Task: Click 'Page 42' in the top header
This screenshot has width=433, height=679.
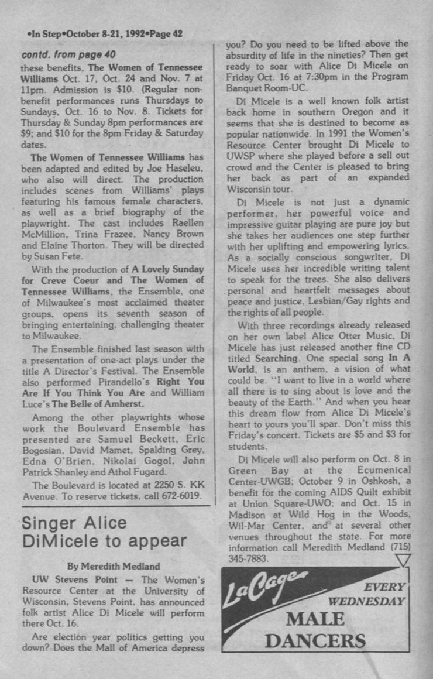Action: [x=166, y=34]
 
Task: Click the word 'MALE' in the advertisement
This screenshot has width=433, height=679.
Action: [x=315, y=618]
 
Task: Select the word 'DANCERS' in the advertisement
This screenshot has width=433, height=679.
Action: [x=315, y=640]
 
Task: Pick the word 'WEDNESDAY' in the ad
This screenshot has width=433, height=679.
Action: [x=366, y=601]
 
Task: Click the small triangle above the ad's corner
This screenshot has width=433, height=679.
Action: [x=403, y=560]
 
